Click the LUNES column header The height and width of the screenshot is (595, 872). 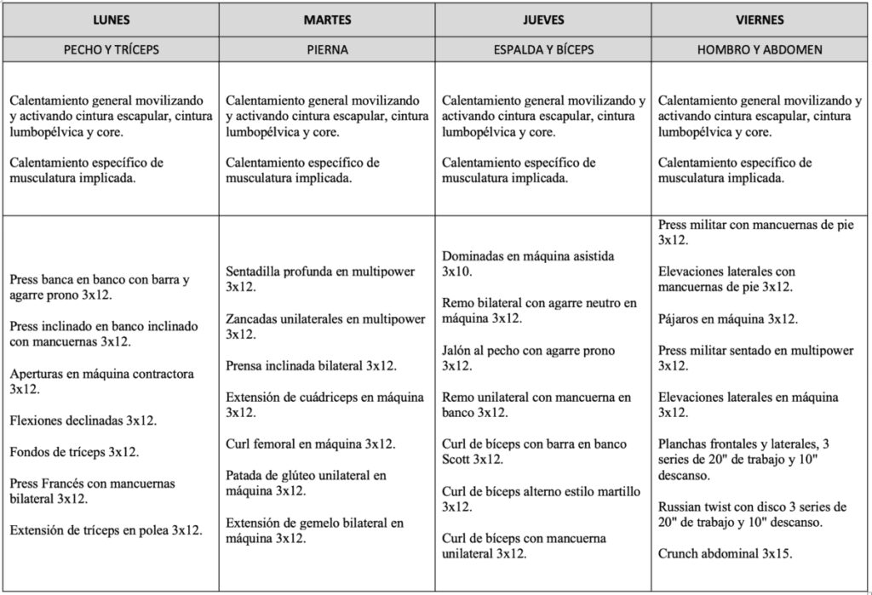[x=111, y=20]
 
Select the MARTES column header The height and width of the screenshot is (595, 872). [x=327, y=20]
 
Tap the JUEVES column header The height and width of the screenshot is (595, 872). [x=543, y=20]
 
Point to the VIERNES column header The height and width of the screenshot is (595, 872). [x=761, y=20]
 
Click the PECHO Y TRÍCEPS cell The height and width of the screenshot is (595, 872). [x=111, y=49]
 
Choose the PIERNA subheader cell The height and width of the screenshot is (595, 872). [x=327, y=49]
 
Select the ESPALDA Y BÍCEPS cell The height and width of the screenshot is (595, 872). [x=543, y=49]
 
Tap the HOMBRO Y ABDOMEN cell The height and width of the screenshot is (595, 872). [x=761, y=49]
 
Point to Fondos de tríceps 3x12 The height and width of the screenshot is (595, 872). [x=74, y=452]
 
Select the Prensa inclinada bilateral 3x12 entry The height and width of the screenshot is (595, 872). [x=311, y=365]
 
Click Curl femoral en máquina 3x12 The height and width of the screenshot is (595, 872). [x=310, y=443]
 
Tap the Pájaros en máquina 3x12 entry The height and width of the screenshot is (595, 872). [x=728, y=318]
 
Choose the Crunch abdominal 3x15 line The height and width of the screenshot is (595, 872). [x=726, y=553]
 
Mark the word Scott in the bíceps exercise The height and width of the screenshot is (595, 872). [x=459, y=460]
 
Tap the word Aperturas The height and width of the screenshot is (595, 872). [x=39, y=374]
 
